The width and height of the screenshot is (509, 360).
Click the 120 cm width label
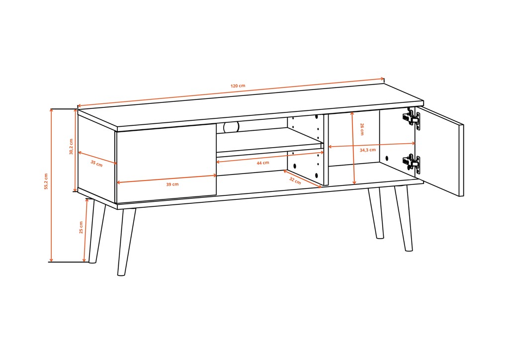238,86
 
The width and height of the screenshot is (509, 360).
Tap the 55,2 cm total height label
46,181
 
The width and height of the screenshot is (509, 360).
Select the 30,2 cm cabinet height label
71,147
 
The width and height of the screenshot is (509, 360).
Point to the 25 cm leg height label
81,227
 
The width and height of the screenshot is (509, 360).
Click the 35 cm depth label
96,163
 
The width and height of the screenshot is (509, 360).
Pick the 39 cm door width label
172,184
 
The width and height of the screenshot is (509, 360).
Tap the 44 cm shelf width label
263,163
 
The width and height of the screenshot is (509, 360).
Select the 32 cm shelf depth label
295,181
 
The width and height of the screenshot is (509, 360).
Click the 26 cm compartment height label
362,129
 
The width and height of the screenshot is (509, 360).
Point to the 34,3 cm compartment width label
368,150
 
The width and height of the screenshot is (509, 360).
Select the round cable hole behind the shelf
231,127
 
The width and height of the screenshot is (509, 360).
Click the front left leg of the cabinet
126,242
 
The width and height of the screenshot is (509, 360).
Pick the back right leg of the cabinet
376,213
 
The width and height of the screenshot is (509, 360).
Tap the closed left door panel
166,164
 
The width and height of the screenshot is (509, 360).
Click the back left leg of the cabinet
96,231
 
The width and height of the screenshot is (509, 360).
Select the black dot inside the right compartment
387,159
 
